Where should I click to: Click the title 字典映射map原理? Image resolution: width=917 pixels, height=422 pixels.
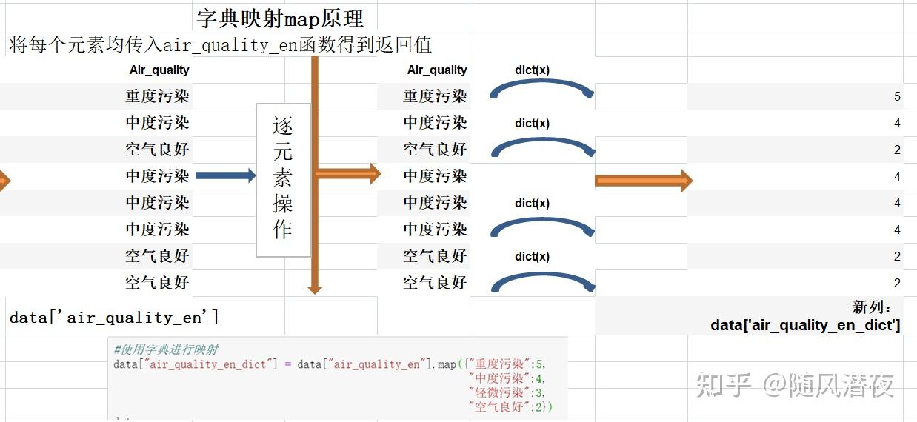coord(280,18)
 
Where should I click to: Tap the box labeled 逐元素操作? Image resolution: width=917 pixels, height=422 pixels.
coord(283,180)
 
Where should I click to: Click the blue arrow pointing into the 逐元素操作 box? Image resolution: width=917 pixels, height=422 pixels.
coord(225,176)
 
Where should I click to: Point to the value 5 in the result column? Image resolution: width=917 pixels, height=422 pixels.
coord(897,97)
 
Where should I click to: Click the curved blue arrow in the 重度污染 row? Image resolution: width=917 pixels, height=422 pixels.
coord(542,89)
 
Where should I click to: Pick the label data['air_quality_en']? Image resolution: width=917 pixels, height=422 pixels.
coord(114,318)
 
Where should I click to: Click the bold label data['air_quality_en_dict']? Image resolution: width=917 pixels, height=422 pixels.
coord(805,325)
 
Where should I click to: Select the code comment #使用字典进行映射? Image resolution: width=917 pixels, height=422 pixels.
coord(167,349)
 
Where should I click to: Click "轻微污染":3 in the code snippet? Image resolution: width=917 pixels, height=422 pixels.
coord(507,392)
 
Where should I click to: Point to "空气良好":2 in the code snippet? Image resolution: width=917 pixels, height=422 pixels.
coord(507,406)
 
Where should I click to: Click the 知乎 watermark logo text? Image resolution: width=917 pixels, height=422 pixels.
coord(724,385)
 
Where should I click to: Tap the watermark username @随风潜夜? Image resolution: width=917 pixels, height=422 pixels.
coord(829,385)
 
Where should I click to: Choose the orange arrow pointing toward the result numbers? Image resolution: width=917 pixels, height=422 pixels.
coord(644,180)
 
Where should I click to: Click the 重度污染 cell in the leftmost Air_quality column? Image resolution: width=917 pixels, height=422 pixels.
coord(157,96)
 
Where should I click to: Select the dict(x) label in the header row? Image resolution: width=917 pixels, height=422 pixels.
coord(532,70)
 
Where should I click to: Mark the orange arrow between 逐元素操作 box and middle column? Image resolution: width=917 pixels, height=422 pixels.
coord(347,174)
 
